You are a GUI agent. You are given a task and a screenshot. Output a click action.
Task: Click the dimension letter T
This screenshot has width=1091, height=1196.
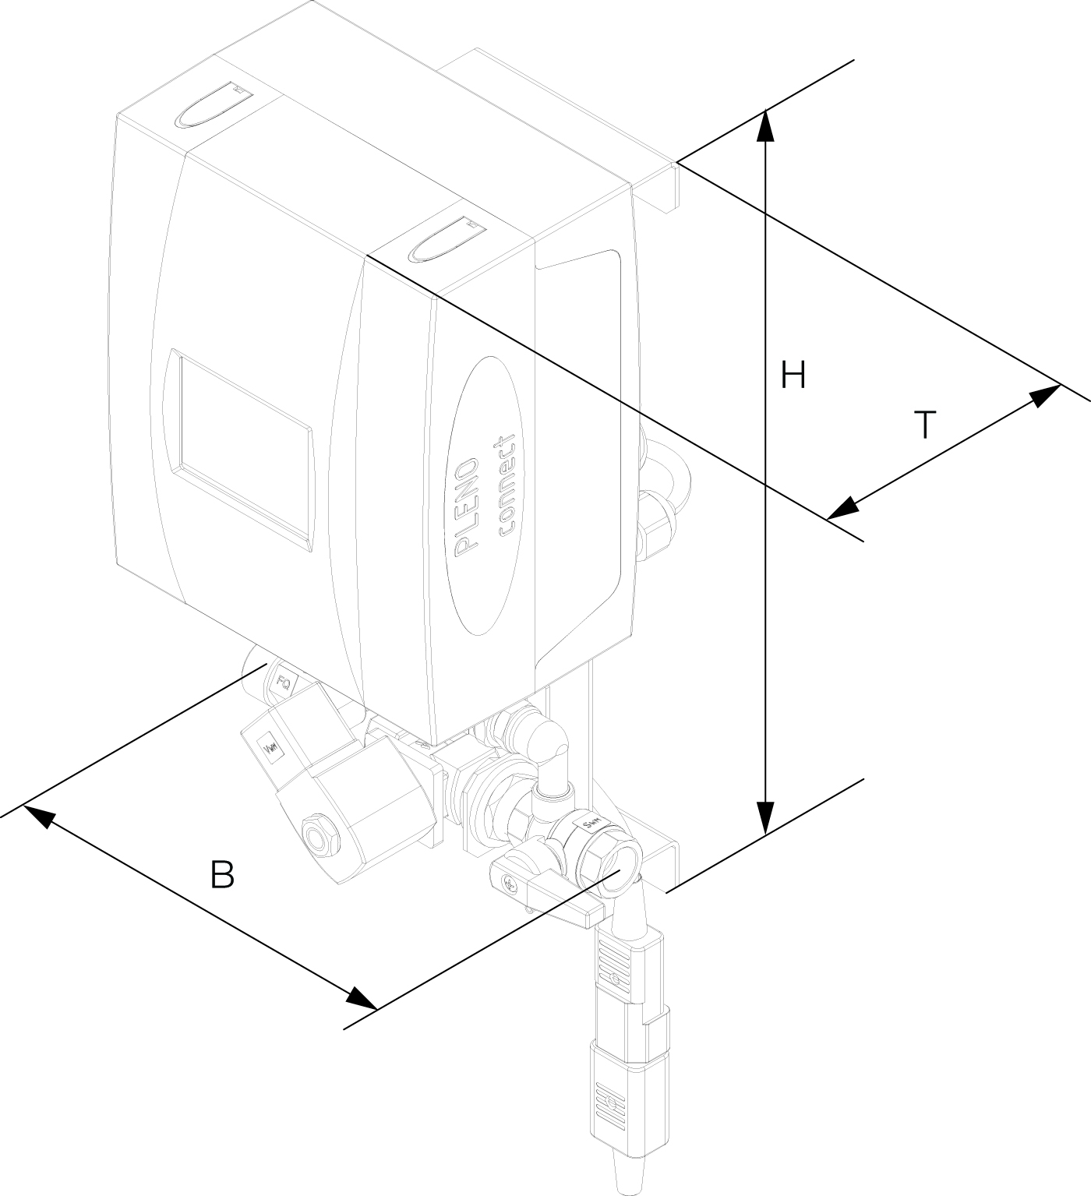point(924,425)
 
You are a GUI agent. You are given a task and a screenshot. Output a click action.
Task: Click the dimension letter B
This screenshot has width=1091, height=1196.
point(222,875)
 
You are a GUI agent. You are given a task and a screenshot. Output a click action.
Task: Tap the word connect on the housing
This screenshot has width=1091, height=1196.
point(507,484)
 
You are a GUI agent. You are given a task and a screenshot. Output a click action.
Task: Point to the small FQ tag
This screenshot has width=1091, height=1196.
point(285,684)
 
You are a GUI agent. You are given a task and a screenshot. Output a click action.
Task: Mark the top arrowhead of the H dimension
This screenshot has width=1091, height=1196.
point(767,125)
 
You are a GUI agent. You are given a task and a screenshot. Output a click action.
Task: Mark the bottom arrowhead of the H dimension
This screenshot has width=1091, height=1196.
point(767,818)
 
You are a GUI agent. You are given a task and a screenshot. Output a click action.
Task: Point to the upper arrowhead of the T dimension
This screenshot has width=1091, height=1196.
point(1044,394)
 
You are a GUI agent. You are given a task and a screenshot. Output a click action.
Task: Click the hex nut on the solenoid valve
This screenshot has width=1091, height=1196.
point(319,835)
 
